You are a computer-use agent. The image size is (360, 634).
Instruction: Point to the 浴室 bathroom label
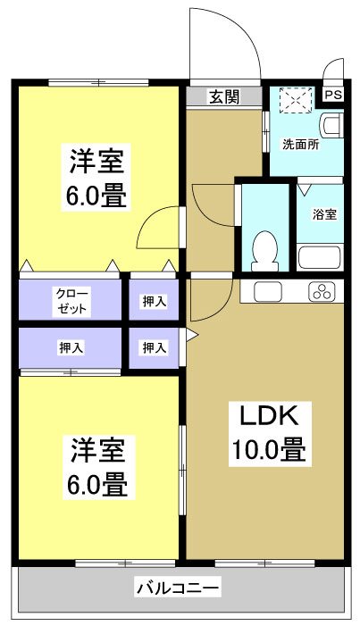coord(324,214)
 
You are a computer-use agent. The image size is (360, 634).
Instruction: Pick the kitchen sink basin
coord(268,291)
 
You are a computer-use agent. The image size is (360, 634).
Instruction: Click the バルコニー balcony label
coord(178,588)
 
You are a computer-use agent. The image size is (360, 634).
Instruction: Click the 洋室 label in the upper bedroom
coord(98,161)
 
